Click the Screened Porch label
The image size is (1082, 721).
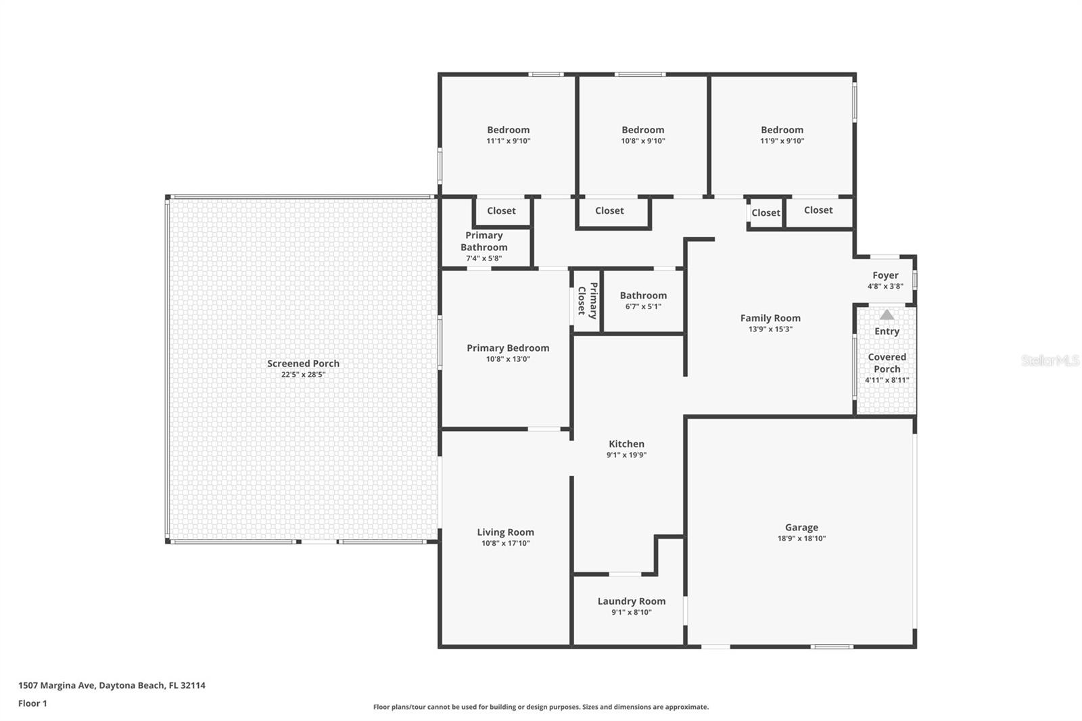304,363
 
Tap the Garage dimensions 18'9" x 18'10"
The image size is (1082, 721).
801,538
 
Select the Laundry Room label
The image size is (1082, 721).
632,601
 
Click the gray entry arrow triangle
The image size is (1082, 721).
887,315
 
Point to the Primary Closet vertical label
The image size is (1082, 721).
588,300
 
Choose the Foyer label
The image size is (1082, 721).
885,275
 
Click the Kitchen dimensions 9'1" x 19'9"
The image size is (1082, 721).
626,455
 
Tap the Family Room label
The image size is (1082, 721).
770,318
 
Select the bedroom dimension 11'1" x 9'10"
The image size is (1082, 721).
508,141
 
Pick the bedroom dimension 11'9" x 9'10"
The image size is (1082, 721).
782,141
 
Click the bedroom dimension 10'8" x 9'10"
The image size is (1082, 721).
643,141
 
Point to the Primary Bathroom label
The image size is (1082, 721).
484,241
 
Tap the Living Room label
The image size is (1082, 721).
506,532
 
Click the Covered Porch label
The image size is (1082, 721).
887,363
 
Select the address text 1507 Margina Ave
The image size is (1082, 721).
57,685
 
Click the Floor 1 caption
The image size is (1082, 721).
33,703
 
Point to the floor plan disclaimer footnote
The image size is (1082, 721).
541,707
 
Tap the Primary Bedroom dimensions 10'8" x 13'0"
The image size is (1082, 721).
508,359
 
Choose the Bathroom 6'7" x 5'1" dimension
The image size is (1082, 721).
643,306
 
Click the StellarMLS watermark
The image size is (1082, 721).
1050,360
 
